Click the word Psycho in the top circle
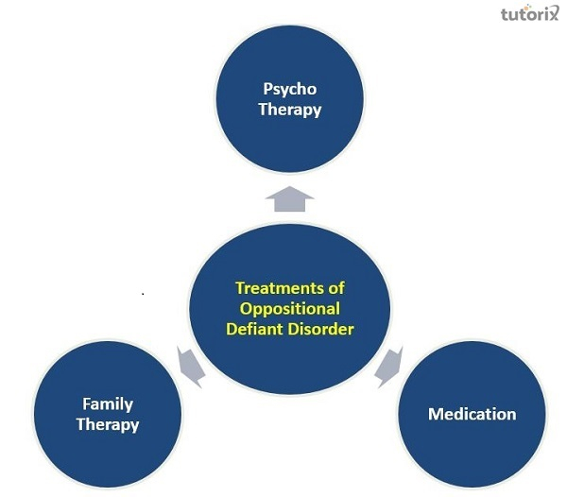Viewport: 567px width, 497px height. pyautogui.click(x=290, y=90)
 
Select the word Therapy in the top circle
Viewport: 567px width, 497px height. pyautogui.click(x=290, y=110)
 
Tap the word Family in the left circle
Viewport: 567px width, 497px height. pyautogui.click(x=108, y=404)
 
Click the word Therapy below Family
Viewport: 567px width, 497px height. pyautogui.click(x=108, y=424)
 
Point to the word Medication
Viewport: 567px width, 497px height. pyautogui.click(x=472, y=414)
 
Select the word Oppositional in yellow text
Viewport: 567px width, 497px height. pyautogui.click(x=289, y=308)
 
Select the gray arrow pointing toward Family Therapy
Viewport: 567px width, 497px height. pyautogui.click(x=189, y=366)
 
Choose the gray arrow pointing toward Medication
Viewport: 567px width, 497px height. pyautogui.click(x=388, y=367)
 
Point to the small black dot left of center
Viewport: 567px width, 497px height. pyautogui.click(x=143, y=294)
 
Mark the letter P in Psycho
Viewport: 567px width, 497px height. pyautogui.click(x=267, y=90)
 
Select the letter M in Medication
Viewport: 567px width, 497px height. pyautogui.click(x=434, y=414)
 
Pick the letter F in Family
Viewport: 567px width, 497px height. pyautogui.click(x=86, y=404)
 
